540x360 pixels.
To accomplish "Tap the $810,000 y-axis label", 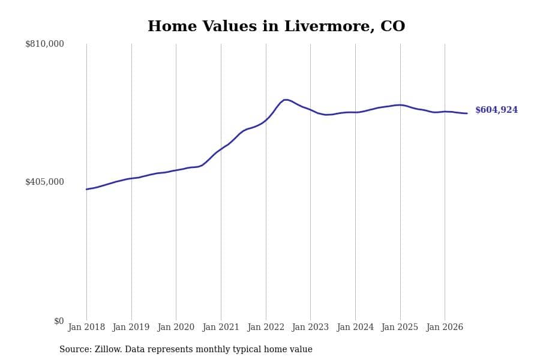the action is click(44, 44).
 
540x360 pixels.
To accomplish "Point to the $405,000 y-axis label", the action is click(44, 182).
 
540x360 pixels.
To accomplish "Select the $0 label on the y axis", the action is click(59, 321).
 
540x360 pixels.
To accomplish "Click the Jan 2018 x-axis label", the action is click(86, 327).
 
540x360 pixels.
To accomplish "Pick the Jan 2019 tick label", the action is click(131, 327).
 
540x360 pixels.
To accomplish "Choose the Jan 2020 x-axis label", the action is click(176, 327).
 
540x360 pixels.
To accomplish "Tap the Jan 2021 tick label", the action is click(221, 327).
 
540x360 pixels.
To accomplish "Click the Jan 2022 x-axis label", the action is click(266, 327).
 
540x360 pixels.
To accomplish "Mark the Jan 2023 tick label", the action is click(310, 327).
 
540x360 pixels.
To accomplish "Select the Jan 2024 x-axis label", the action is click(355, 327).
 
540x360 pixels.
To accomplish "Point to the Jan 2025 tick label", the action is click(400, 327).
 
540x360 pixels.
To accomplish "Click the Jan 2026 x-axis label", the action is click(445, 327).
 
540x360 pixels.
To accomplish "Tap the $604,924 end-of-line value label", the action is click(497, 110).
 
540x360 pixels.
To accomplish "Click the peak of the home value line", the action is click(285, 100).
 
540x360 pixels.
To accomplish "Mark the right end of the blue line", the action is click(467, 113).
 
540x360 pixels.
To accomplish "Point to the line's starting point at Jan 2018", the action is click(86, 189).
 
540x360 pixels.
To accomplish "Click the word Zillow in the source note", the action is click(109, 349).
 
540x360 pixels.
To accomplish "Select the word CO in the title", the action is click(393, 26).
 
